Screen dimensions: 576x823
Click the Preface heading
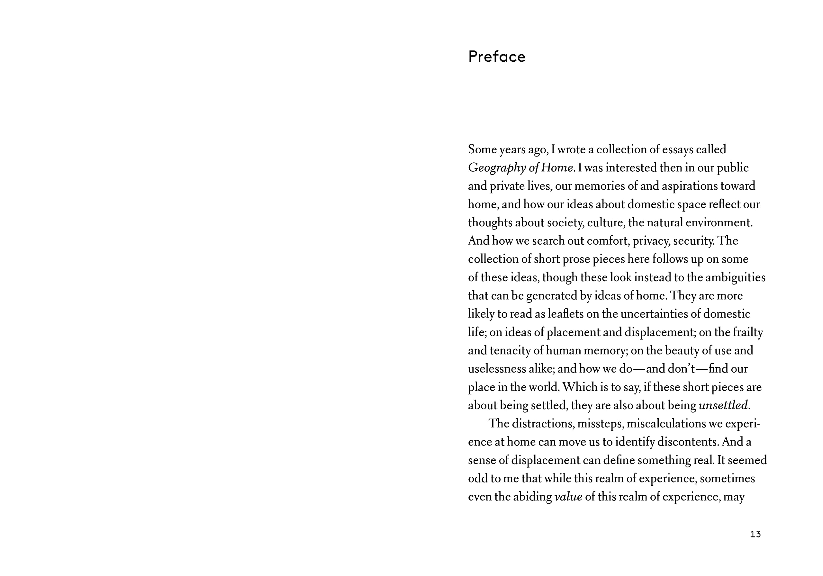(496, 57)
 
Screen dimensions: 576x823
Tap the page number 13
(755, 534)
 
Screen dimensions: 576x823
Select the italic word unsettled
(723, 405)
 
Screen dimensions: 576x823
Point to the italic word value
(568, 497)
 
